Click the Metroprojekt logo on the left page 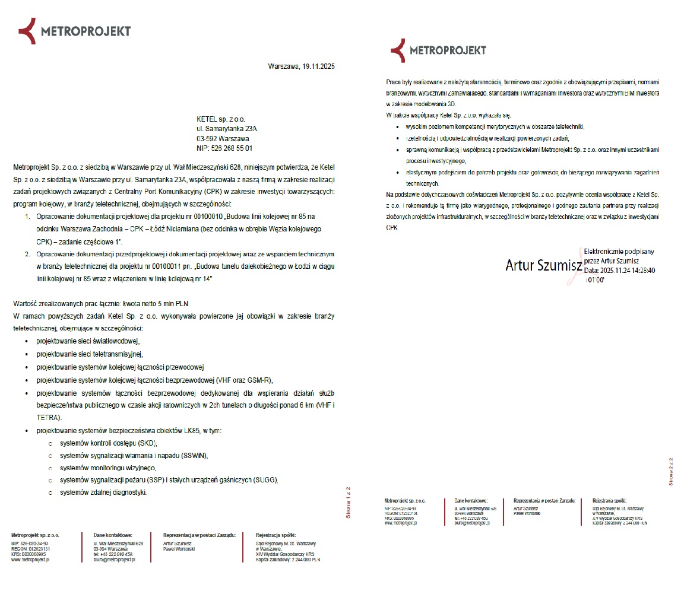(x=74, y=31)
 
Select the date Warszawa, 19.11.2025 (x=301, y=66)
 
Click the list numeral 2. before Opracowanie (x=28, y=254)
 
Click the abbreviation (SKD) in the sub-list (x=147, y=443)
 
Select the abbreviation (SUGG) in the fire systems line (x=265, y=480)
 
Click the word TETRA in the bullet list (x=47, y=418)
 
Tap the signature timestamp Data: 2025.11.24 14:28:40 (x=619, y=270)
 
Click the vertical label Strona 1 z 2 (x=349, y=502)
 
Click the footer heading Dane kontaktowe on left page (x=113, y=535)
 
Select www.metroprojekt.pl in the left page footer (x=30, y=560)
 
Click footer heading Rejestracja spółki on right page (x=609, y=500)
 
